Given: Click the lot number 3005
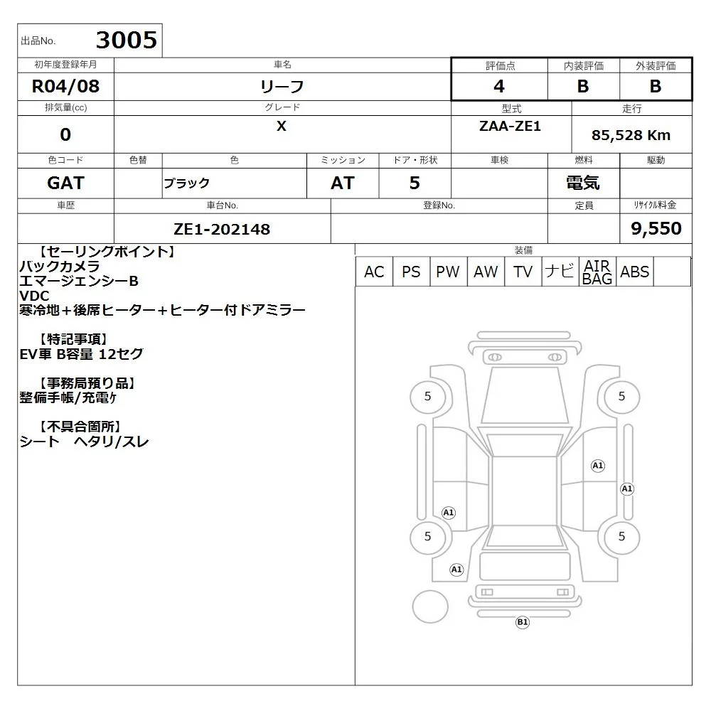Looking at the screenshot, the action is (127, 40).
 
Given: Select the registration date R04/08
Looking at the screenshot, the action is (65, 86).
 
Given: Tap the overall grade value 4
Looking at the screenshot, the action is (499, 86).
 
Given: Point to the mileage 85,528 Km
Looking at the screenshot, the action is (631, 135).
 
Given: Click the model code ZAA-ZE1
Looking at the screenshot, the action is (510, 126).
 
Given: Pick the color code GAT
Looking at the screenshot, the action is (65, 183).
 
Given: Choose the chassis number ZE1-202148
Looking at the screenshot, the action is (222, 230).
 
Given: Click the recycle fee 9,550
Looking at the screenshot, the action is (656, 228).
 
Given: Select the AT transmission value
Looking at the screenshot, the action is (343, 183).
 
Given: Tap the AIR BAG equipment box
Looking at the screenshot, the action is (598, 272).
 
